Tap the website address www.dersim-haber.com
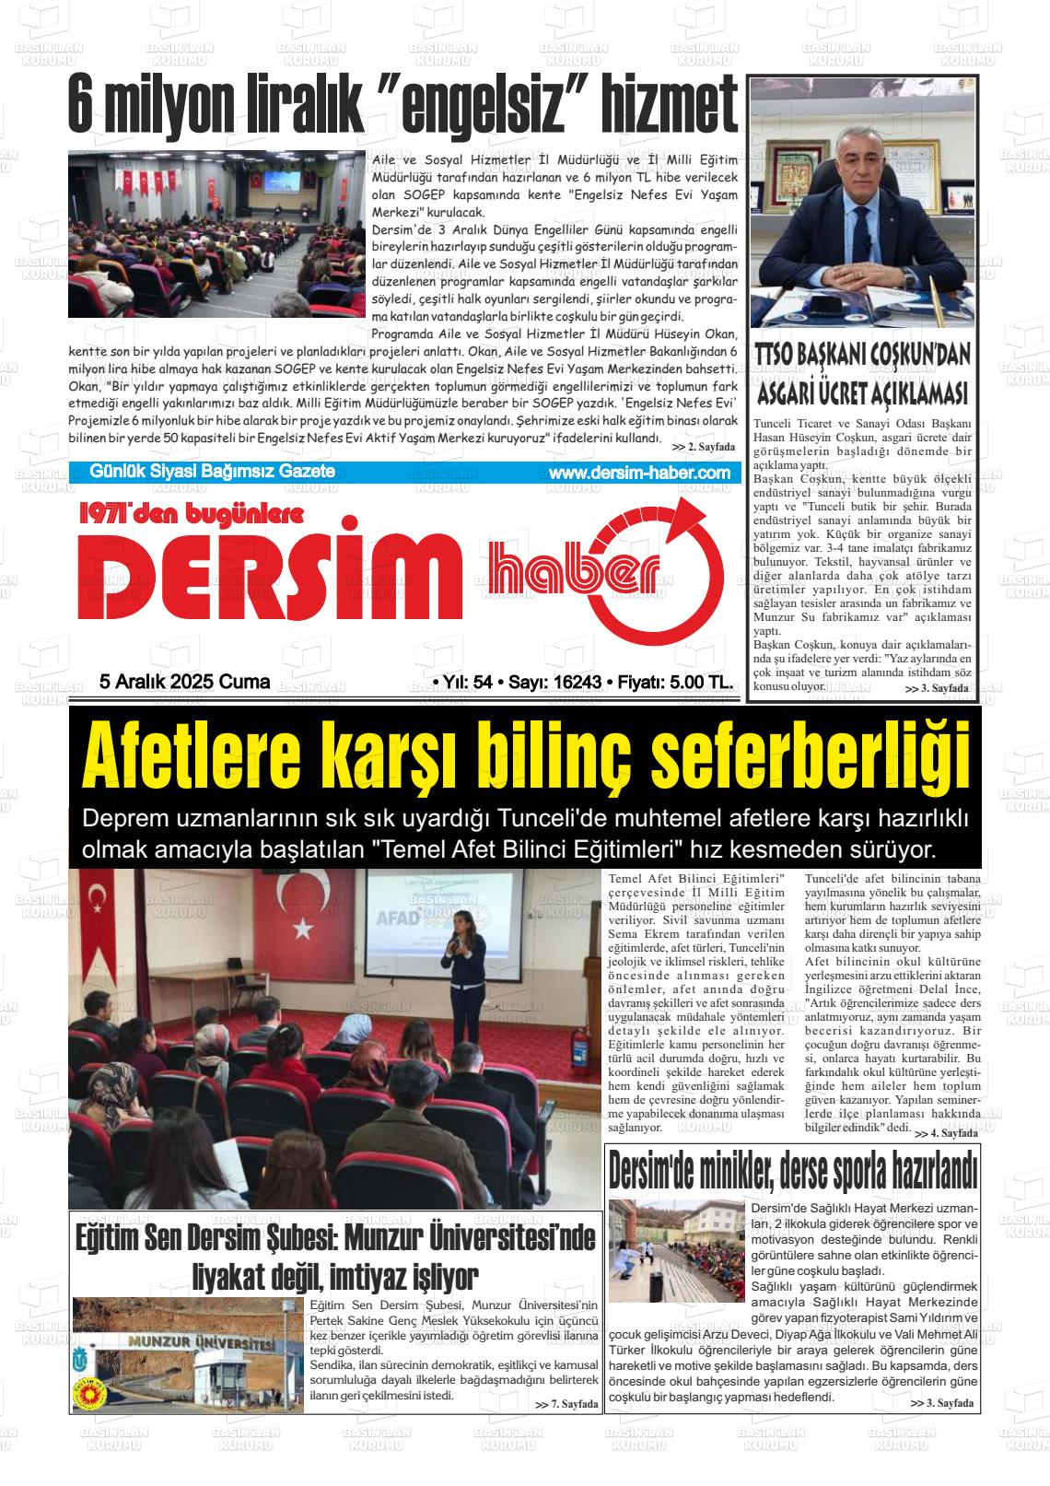pos(638,473)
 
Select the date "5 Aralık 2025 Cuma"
pos(184,682)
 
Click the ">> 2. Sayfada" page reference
pos(705,447)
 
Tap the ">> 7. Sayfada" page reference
pos(566,1404)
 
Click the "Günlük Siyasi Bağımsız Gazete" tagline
pos(212,472)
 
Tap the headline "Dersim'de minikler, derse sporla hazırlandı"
pos(792,1171)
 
